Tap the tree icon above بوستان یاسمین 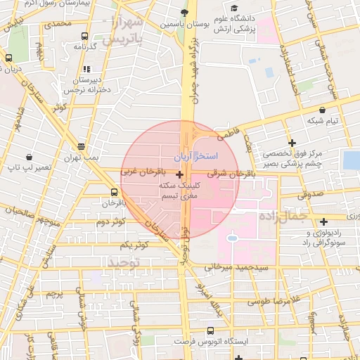click(185, 13)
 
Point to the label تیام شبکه click(323, 121)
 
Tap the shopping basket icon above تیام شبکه click(322, 110)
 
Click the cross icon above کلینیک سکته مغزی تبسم click(180, 174)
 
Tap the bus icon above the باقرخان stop click(114, 192)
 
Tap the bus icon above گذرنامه click(84, 37)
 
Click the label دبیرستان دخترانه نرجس click(84, 85)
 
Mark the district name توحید click(124, 262)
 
